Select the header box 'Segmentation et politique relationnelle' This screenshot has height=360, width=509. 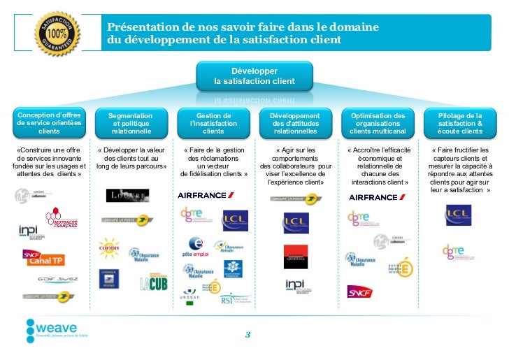pos(131,123)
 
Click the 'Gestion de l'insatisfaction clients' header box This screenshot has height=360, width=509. pos(213,123)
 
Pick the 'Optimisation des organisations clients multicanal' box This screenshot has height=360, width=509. pos(378,123)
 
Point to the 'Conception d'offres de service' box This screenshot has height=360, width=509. pos(49,123)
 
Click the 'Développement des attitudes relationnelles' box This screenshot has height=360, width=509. pos(295,123)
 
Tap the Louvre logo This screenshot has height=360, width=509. pos(127,195)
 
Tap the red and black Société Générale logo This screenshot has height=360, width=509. pos(295,257)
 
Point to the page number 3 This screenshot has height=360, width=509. pos(247,334)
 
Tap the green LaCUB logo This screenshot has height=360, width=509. pos(153,282)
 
